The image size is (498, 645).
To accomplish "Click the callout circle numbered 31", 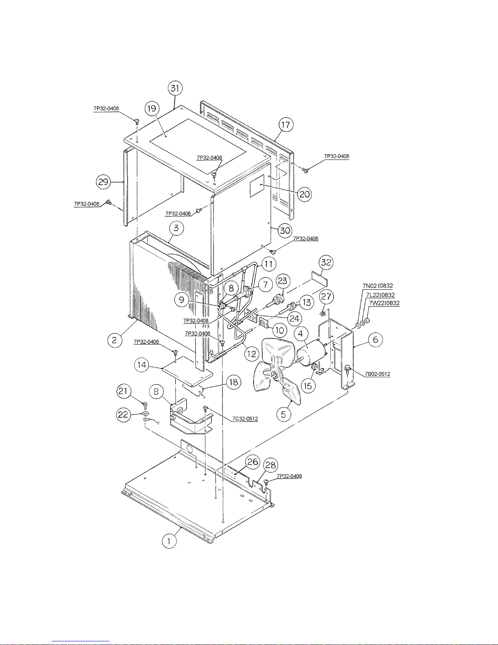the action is click(x=175, y=88).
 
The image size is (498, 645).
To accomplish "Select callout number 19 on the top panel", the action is click(x=152, y=108).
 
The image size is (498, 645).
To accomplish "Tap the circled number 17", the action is click(x=286, y=125).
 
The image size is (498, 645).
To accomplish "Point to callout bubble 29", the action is click(x=103, y=181).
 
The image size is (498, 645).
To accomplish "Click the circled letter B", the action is click(x=157, y=392).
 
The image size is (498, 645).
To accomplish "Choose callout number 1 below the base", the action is click(x=169, y=541).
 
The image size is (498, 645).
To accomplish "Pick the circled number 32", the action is click(x=326, y=262).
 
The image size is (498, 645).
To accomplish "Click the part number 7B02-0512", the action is click(x=377, y=374).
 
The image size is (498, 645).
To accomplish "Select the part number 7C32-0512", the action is click(x=245, y=418).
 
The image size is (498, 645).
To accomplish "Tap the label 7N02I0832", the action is click(x=378, y=286).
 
